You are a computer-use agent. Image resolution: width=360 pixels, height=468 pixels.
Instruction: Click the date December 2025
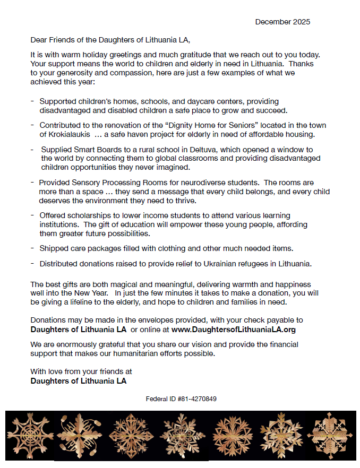pos(282,22)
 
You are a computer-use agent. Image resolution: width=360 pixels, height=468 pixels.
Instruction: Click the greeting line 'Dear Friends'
pos(54,40)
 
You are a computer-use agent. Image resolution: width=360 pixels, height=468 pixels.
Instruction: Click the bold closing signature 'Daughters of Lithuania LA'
pos(79,380)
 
